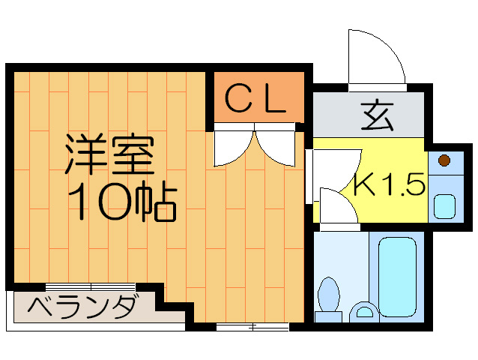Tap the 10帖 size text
(122, 200)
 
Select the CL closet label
(256, 99)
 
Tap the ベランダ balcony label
(82, 307)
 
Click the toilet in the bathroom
(328, 296)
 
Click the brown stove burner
(444, 160)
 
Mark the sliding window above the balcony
(90, 286)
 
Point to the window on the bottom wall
(252, 325)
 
